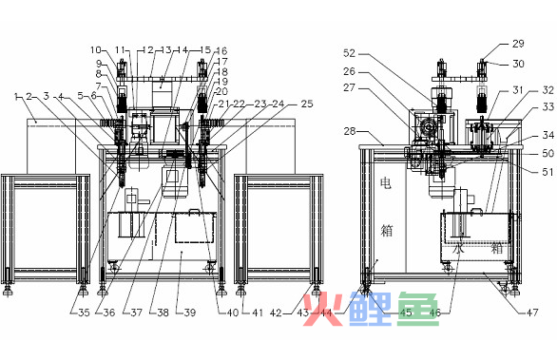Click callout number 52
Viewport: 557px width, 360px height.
(x=349, y=53)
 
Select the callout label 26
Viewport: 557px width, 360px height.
(x=349, y=70)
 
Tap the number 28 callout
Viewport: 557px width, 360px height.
(x=349, y=130)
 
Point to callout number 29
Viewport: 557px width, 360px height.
(x=517, y=44)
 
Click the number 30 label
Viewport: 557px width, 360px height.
(x=517, y=65)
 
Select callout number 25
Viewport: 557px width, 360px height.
(x=305, y=103)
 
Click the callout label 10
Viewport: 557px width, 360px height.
(x=96, y=49)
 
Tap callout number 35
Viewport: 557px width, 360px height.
(x=85, y=311)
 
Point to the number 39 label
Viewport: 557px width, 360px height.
(x=189, y=311)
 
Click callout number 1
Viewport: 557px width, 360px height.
(x=17, y=96)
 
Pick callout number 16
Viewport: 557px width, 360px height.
(x=221, y=50)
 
